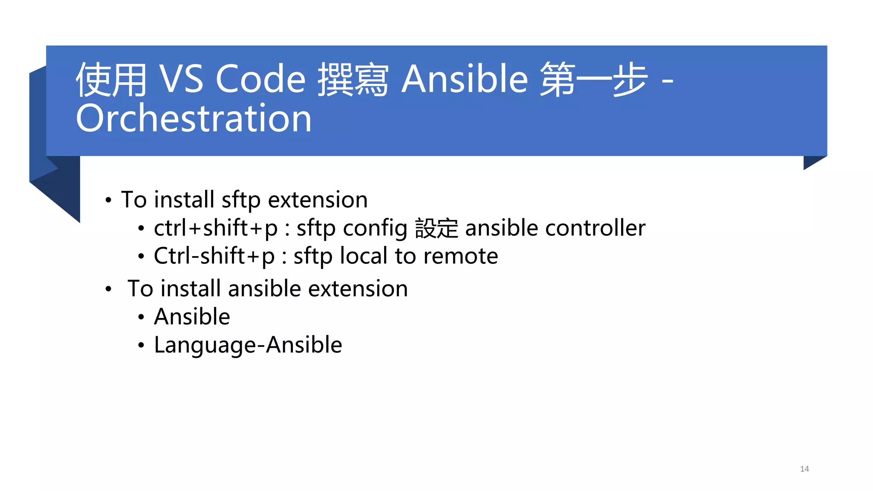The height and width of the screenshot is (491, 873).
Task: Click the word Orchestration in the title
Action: (194, 118)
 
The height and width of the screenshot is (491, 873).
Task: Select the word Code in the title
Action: (260, 79)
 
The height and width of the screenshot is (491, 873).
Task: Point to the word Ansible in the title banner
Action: (465, 79)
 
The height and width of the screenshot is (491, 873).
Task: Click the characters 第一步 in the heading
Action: (593, 80)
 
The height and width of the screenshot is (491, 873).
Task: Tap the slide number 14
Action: (804, 469)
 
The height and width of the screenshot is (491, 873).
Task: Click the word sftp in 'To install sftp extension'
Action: (241, 200)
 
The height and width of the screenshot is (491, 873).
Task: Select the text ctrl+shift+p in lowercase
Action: (215, 228)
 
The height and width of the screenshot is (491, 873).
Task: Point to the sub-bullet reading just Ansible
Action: (192, 317)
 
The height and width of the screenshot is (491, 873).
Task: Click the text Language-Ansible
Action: (248, 345)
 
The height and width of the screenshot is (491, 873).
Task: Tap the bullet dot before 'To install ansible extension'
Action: (109, 289)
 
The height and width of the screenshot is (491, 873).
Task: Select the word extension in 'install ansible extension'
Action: (358, 289)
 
